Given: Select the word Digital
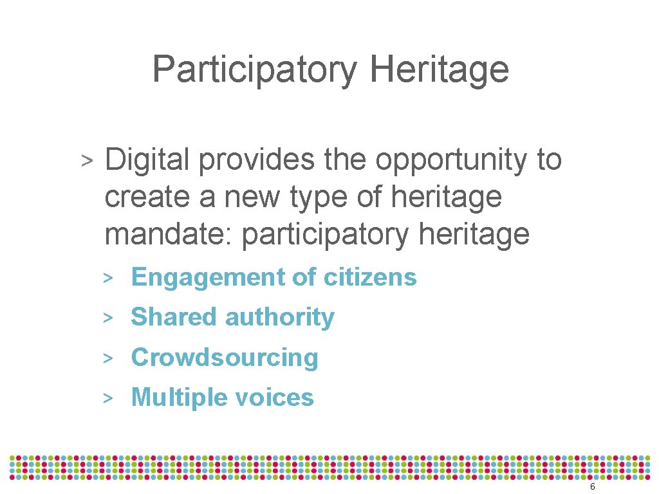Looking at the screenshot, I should pyautogui.click(x=146, y=160).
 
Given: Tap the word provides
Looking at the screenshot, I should pyautogui.click(x=257, y=160).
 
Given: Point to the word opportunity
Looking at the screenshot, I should pyautogui.click(x=450, y=161).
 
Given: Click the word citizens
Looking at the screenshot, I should pyautogui.click(x=370, y=277).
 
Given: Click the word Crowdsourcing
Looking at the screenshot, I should pyautogui.click(x=225, y=358).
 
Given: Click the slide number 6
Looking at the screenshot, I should pyautogui.click(x=592, y=487).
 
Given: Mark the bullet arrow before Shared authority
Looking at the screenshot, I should pyautogui.click(x=109, y=318).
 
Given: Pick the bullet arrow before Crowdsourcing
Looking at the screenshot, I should pyautogui.click(x=109, y=358).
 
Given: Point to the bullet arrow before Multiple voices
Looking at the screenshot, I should pyautogui.click(x=109, y=398).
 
